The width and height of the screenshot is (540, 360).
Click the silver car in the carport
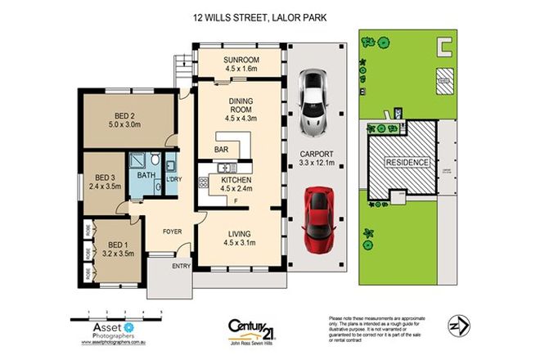[x=314, y=102]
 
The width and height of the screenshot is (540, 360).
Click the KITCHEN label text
[x=235, y=180]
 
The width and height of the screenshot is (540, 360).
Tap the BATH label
[x=146, y=175]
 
